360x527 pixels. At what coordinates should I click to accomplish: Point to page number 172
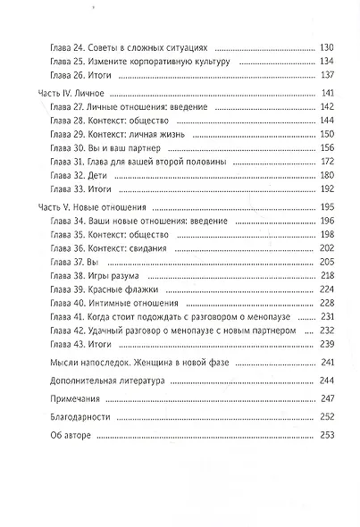(x=326, y=161)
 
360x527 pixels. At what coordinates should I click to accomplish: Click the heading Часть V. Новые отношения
(x=93, y=207)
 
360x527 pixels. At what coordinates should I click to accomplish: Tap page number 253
(x=326, y=435)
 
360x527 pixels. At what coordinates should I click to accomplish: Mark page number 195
(x=326, y=207)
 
